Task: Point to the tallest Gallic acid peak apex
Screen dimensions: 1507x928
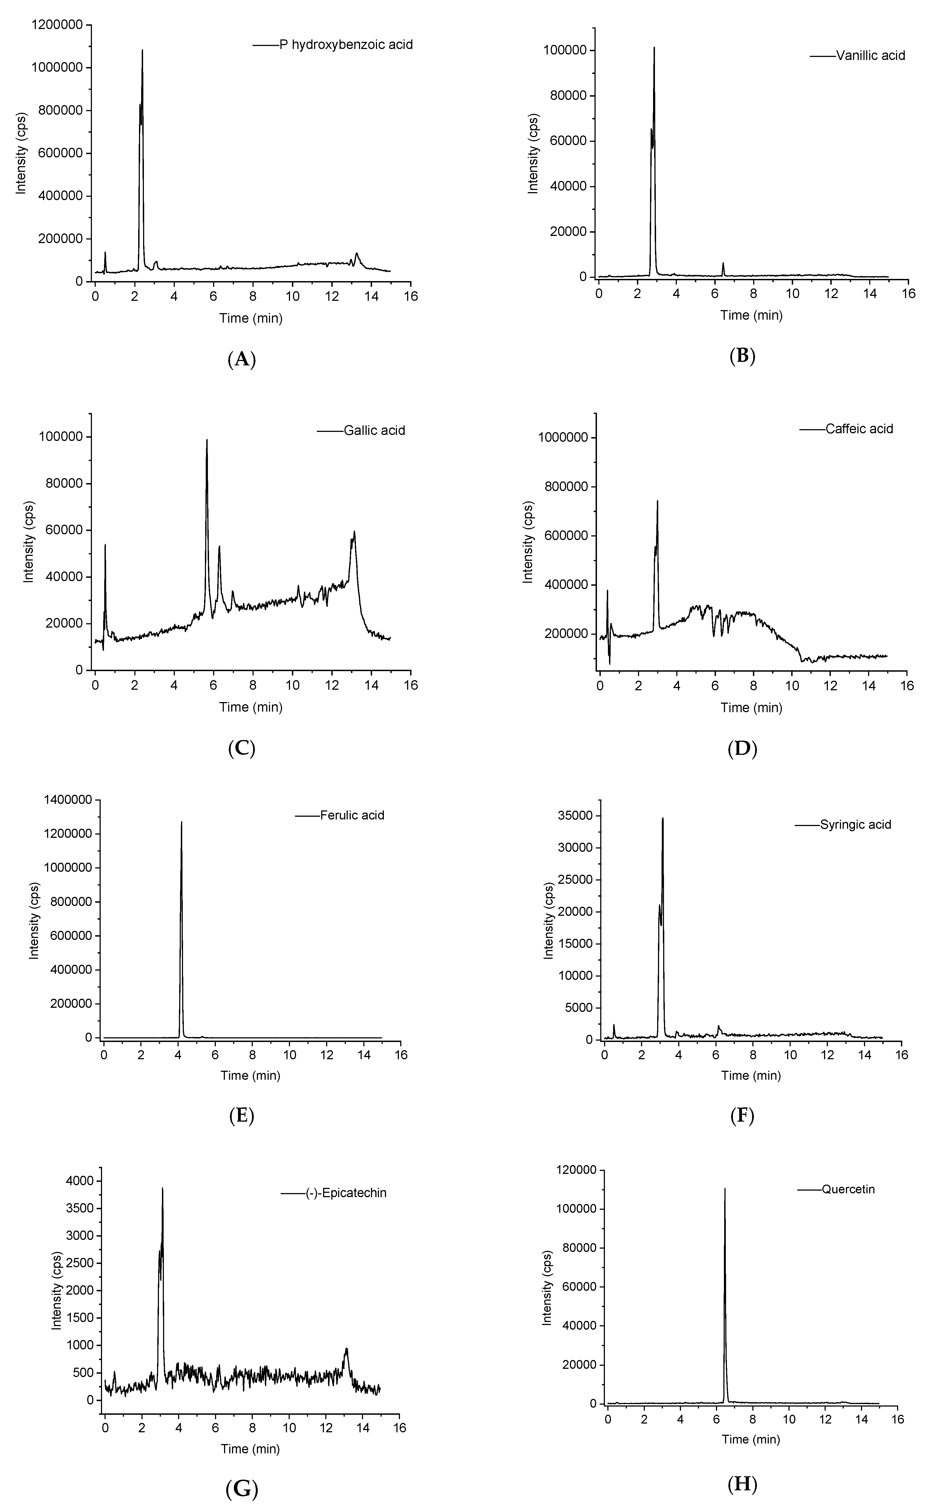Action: point(207,440)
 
